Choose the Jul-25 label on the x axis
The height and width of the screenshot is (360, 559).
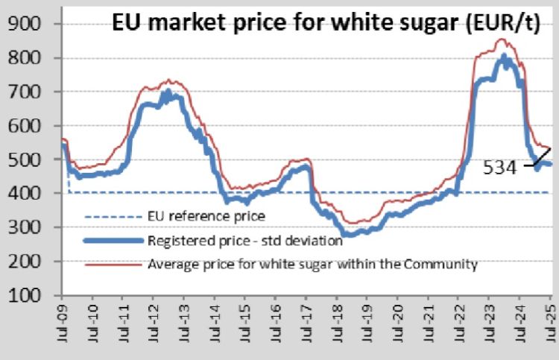click(x=549, y=324)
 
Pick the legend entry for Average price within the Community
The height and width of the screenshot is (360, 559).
click(x=312, y=264)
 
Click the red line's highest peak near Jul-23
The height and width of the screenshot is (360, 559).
click(x=501, y=40)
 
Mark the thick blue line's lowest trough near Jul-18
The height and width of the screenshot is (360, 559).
click(x=344, y=234)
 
